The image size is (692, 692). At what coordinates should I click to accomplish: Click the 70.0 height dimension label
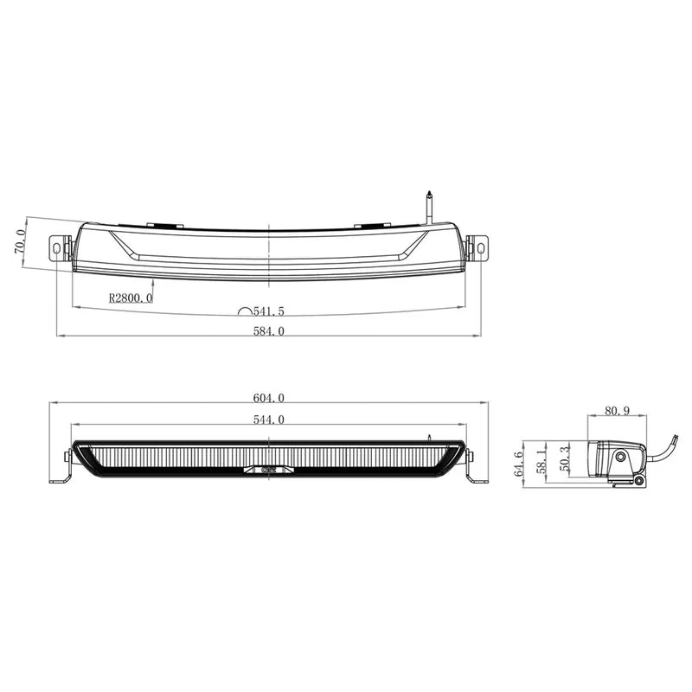coord(19,240)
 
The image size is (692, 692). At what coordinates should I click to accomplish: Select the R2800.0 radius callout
coord(131,298)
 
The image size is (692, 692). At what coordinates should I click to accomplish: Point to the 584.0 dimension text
coord(267,331)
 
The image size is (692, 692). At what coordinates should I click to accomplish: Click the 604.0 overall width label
coord(267,399)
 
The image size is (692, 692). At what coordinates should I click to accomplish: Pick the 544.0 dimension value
coord(267,420)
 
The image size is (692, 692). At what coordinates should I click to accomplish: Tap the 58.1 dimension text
coord(542,458)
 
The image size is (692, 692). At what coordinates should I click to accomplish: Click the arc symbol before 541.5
coord(246,310)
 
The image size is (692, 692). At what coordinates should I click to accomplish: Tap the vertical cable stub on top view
coord(429,205)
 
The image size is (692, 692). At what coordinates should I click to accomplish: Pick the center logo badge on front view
coord(268,471)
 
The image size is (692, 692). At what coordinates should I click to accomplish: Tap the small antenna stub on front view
coord(428,436)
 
